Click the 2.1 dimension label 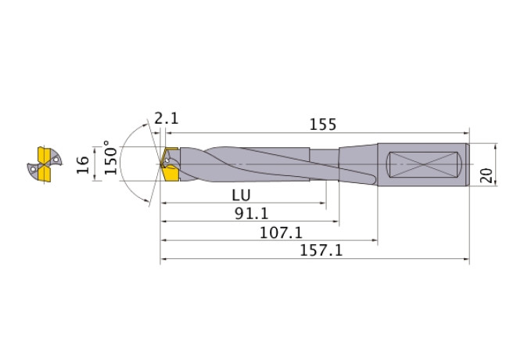pyautogui.click(x=167, y=119)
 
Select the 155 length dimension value pyautogui.click(x=322, y=124)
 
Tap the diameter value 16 pyautogui.click(x=81, y=164)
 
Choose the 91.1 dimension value pyautogui.click(x=248, y=213)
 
